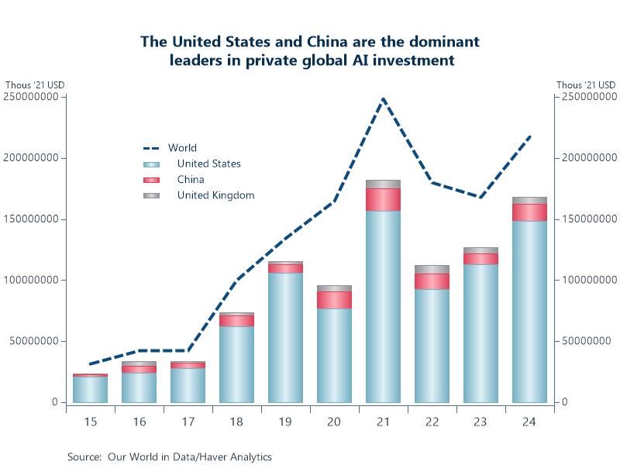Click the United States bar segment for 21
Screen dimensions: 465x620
point(383,306)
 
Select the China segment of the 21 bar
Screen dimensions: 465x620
point(383,199)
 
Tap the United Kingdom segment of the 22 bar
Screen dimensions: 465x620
point(432,269)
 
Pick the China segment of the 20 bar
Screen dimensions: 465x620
point(334,300)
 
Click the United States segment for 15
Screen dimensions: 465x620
point(90,389)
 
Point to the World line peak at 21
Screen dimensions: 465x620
point(383,99)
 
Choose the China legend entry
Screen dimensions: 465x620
point(191,180)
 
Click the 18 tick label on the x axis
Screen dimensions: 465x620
point(236,422)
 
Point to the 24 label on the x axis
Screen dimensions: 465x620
point(529,422)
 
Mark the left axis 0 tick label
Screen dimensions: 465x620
point(54,402)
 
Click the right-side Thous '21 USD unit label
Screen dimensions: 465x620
point(586,85)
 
